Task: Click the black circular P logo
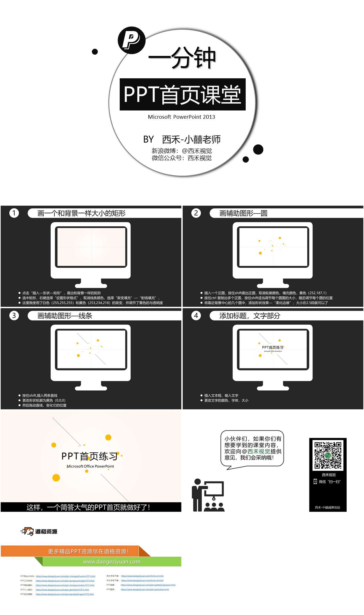point(131,40)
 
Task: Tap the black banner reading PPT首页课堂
point(182,94)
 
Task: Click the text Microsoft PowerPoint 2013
point(181,117)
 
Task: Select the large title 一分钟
point(182,58)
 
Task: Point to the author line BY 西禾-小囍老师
point(182,139)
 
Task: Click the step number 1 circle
point(14,213)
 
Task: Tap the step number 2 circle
point(196,213)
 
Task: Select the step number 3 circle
point(14,315)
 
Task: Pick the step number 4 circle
point(196,315)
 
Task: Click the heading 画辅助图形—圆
point(243,213)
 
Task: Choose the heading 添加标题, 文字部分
point(250,316)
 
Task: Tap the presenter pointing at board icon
point(208,496)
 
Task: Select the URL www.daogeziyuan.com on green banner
point(112,562)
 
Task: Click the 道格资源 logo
point(39,531)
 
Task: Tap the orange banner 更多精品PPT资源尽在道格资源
point(88,552)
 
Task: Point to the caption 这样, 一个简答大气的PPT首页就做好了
point(88,507)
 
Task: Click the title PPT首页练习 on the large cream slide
point(89,456)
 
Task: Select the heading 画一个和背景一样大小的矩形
point(81,213)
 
